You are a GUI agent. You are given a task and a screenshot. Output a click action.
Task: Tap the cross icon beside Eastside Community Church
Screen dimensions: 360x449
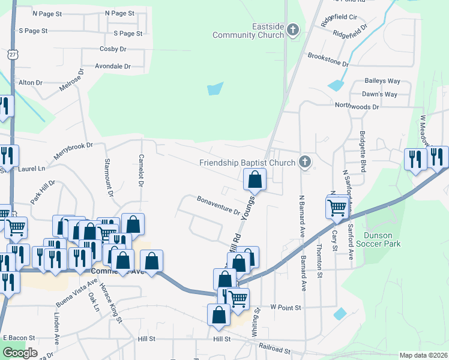tap(293, 29)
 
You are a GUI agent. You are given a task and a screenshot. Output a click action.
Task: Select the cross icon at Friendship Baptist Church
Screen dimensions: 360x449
tap(305, 161)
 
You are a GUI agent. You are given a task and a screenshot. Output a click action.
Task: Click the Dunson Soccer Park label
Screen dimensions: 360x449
tap(382, 239)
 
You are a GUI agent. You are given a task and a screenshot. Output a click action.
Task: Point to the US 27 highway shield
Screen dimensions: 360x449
tap(13, 54)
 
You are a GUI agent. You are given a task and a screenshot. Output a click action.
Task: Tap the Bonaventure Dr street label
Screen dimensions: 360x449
tap(218, 205)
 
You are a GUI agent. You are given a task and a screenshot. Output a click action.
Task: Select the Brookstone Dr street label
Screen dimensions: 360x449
tap(328, 59)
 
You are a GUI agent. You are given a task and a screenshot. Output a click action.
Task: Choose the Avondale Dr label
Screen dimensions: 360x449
tap(112, 67)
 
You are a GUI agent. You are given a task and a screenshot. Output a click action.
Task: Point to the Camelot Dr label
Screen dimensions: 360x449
tap(140, 174)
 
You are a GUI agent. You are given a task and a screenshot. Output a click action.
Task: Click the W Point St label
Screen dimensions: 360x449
tap(285, 307)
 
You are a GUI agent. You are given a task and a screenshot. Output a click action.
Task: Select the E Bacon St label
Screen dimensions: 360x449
tap(19, 338)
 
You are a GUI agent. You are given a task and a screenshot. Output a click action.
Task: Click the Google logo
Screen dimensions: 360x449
tap(20, 353)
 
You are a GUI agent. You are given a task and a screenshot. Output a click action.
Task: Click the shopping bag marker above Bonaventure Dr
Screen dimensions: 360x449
tap(255, 179)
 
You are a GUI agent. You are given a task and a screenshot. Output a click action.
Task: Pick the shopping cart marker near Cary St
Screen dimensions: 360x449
tap(337, 208)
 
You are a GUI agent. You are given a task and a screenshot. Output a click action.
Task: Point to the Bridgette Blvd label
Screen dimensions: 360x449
tap(363, 152)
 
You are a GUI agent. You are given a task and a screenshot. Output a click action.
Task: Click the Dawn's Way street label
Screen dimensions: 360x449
tap(379, 94)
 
